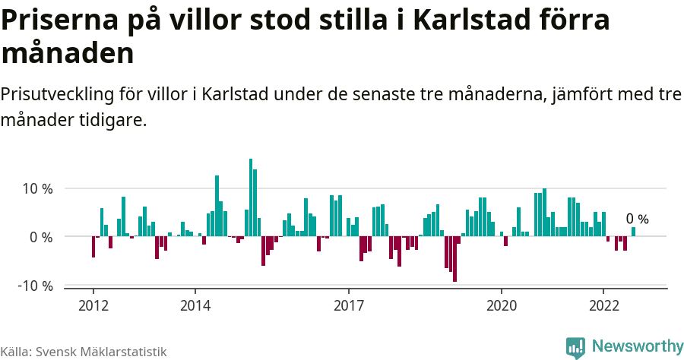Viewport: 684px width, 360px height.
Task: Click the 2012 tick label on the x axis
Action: point(93,305)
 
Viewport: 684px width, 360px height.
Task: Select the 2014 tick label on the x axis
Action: point(195,305)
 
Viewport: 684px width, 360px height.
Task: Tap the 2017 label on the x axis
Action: point(348,305)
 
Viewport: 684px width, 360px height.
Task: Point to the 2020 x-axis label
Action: point(502,305)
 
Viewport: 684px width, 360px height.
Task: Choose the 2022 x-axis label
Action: point(603,305)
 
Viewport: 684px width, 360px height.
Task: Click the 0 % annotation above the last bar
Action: point(637,219)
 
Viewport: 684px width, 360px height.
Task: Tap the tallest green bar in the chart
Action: point(251,197)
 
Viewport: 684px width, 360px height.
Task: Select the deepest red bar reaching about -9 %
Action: point(454,259)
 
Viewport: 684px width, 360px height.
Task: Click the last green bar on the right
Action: point(633,232)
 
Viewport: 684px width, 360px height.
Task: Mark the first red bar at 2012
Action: point(93,247)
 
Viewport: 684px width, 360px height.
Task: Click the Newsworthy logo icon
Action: point(575,347)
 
